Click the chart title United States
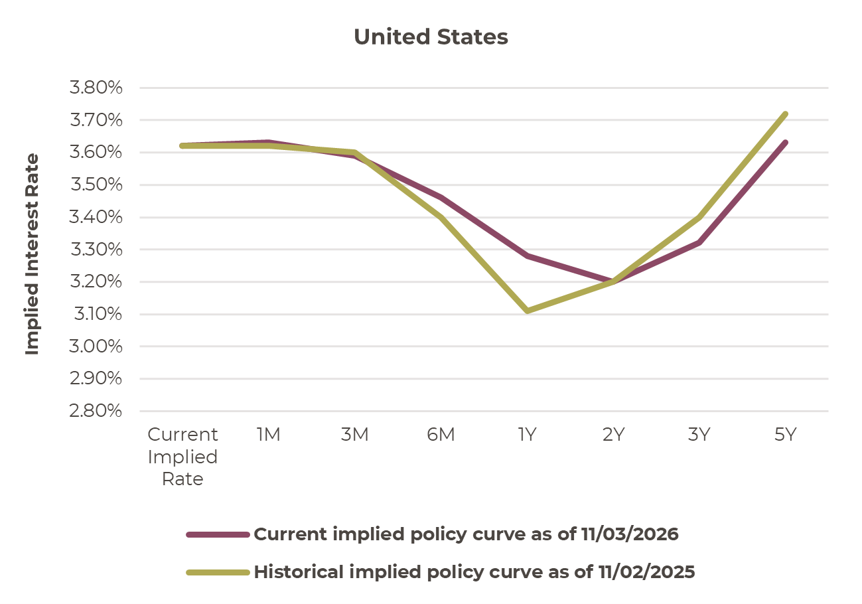[x=431, y=37]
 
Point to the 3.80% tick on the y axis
[x=96, y=88]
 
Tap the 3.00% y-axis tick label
[x=96, y=347]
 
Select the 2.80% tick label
[x=96, y=412]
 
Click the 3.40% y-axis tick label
[x=96, y=218]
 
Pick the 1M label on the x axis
[x=268, y=435]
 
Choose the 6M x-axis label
[x=441, y=435]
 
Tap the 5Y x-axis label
[x=785, y=435]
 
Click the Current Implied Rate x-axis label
[x=182, y=457]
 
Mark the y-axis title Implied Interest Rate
[x=33, y=254]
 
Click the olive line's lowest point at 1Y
[x=527, y=311]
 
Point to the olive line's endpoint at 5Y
[x=785, y=114]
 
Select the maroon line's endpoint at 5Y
[x=785, y=143]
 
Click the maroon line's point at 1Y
[x=527, y=256]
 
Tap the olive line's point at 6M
[x=441, y=217]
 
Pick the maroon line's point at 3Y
[x=699, y=243]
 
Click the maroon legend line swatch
[x=218, y=534]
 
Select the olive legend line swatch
[x=218, y=572]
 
